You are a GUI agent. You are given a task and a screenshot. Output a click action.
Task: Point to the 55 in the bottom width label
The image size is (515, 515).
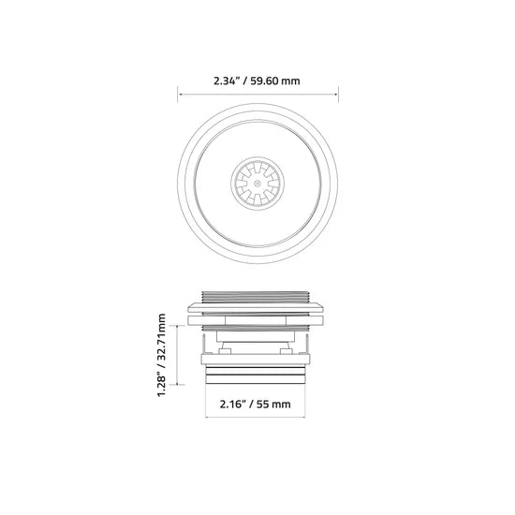263,404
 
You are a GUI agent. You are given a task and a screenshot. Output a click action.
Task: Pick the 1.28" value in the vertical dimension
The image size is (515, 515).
162,385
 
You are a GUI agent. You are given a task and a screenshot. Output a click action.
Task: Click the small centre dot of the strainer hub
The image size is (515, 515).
257,184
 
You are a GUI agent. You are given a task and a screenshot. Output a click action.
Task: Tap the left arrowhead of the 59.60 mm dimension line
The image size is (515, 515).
180,95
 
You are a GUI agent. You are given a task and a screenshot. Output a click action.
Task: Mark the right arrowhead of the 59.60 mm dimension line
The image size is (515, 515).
336,95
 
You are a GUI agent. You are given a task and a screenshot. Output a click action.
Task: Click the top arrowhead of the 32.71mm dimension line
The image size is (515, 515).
177,327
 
